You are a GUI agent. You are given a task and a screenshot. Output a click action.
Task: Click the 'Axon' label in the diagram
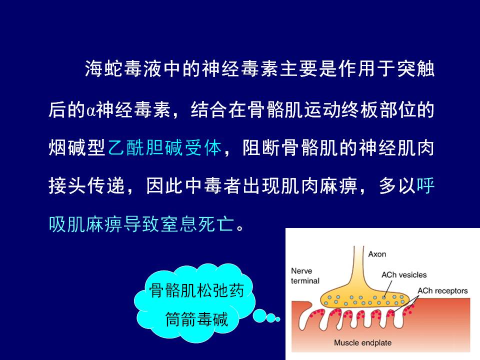tap(377, 254)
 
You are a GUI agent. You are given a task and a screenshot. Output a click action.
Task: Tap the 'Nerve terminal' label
tap(305, 276)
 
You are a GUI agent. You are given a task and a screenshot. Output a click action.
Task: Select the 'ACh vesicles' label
tap(404, 275)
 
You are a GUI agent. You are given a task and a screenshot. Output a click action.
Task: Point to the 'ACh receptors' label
tap(442, 291)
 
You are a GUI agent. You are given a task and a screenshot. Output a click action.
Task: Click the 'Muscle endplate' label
tap(362, 342)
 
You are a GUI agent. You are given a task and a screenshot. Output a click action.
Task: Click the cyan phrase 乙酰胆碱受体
tap(164, 148)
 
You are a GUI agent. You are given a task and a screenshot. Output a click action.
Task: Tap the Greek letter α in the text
tap(90, 110)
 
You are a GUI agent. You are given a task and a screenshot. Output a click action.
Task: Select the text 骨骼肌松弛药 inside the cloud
tap(196, 290)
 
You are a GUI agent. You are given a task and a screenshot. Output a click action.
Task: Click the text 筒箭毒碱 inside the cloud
tap(196, 319)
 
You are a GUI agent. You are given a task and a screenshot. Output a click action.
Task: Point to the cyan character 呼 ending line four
tap(425, 185)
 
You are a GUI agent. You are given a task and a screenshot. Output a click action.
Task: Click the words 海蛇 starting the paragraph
tap(103, 68)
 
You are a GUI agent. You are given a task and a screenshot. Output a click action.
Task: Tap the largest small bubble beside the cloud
tap(259, 315)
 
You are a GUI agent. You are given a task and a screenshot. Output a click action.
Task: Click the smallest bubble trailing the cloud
tap(277, 319)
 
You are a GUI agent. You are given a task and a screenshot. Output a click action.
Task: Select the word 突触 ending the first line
tap(415, 68)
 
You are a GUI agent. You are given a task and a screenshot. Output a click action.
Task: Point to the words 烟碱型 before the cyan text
tap(77, 148)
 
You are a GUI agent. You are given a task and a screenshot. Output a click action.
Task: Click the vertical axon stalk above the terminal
tap(359, 263)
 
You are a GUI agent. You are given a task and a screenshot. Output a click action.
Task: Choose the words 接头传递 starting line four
tap(86, 185)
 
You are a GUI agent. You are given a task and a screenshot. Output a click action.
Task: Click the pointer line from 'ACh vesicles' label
tap(387, 288)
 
